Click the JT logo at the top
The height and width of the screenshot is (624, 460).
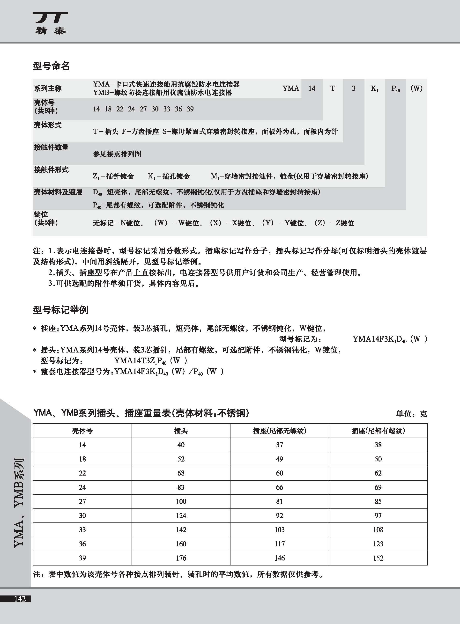coord(50,23)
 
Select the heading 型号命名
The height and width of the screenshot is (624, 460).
coord(51,66)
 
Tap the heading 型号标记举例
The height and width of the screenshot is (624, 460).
coord(60,309)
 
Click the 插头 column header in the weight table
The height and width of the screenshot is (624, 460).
coord(181,431)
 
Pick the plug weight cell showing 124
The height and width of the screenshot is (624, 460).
coord(181,515)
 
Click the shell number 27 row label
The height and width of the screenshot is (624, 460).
coord(82,501)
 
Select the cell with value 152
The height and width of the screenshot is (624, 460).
coord(378,558)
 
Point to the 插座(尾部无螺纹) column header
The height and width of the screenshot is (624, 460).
coord(279,431)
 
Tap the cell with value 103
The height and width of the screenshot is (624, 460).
coord(279,530)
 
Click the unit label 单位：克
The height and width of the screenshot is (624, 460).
coord(411,414)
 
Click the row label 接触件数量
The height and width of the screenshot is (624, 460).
coord(51,147)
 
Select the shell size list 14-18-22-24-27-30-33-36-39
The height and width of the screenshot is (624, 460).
coord(143,109)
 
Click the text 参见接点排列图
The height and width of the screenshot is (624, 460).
coord(117,154)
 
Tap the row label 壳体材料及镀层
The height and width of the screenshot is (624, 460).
coord(58,192)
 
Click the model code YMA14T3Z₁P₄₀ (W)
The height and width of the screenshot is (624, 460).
coord(150,361)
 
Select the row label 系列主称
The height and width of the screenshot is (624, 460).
coord(48,88)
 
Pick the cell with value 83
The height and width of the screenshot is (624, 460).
coord(181,487)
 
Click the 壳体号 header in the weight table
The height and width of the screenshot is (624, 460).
coord(82,431)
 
